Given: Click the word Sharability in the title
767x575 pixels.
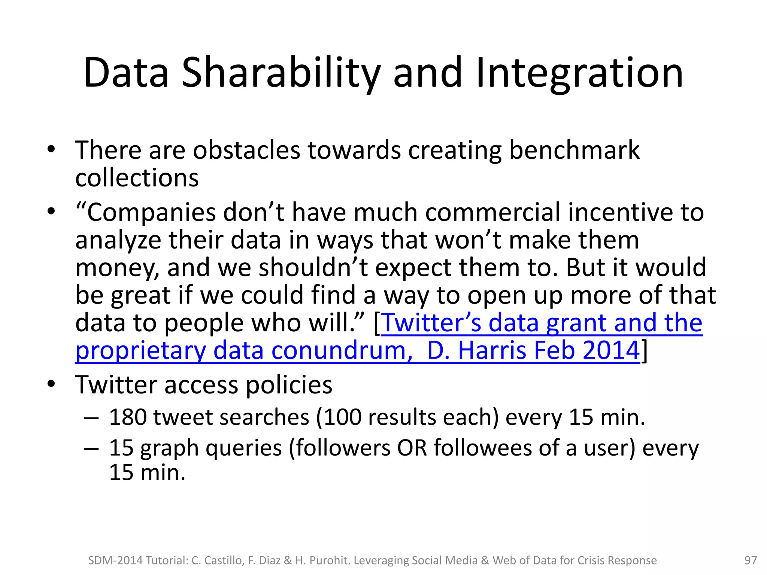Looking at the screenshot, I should coord(281,73).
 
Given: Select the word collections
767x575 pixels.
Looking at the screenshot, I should coord(137,178).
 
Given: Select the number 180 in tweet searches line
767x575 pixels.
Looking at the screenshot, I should coord(127,417).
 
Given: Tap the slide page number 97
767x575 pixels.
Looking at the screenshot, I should coord(751,560).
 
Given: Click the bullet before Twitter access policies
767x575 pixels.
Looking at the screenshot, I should coord(51,384).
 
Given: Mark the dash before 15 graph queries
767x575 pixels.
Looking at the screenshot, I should coord(91,448).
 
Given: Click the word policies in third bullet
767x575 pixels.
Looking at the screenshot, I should coord(289,385).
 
